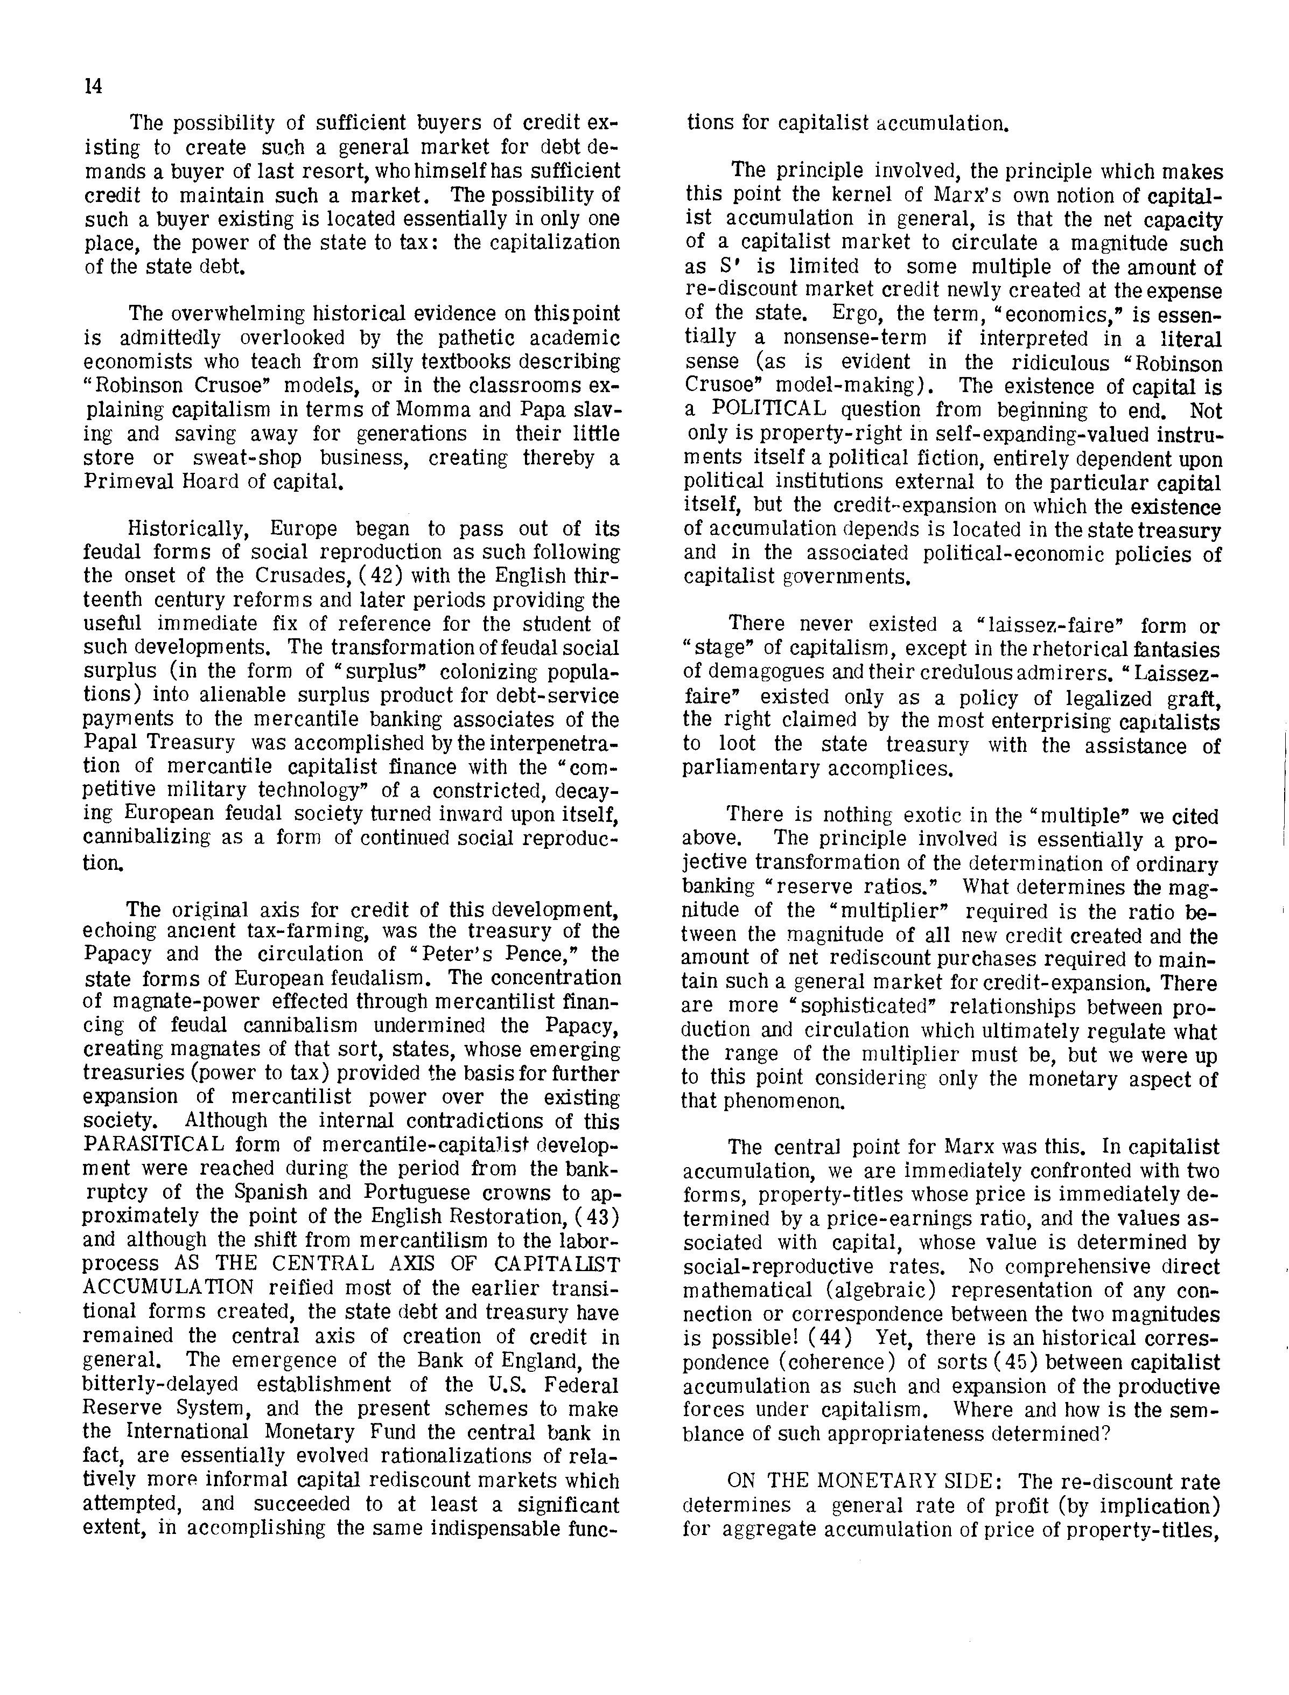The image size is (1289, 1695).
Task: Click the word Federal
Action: tap(579, 1385)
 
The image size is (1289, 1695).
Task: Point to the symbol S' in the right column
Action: tap(695, 266)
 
